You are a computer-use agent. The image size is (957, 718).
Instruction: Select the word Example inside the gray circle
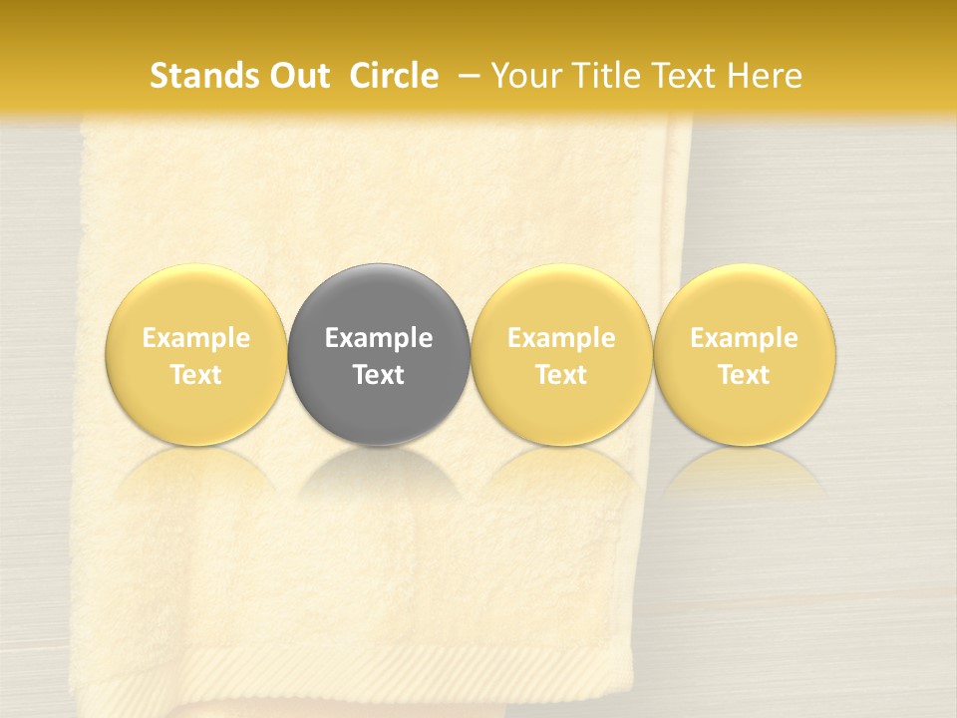pos(379,338)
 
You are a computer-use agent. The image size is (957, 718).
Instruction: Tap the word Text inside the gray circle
pos(379,375)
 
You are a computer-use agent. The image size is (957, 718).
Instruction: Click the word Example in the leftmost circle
pos(196,338)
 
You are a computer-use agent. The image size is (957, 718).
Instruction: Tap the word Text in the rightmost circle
pos(745,375)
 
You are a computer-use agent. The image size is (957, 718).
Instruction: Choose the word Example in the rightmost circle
pos(745,338)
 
